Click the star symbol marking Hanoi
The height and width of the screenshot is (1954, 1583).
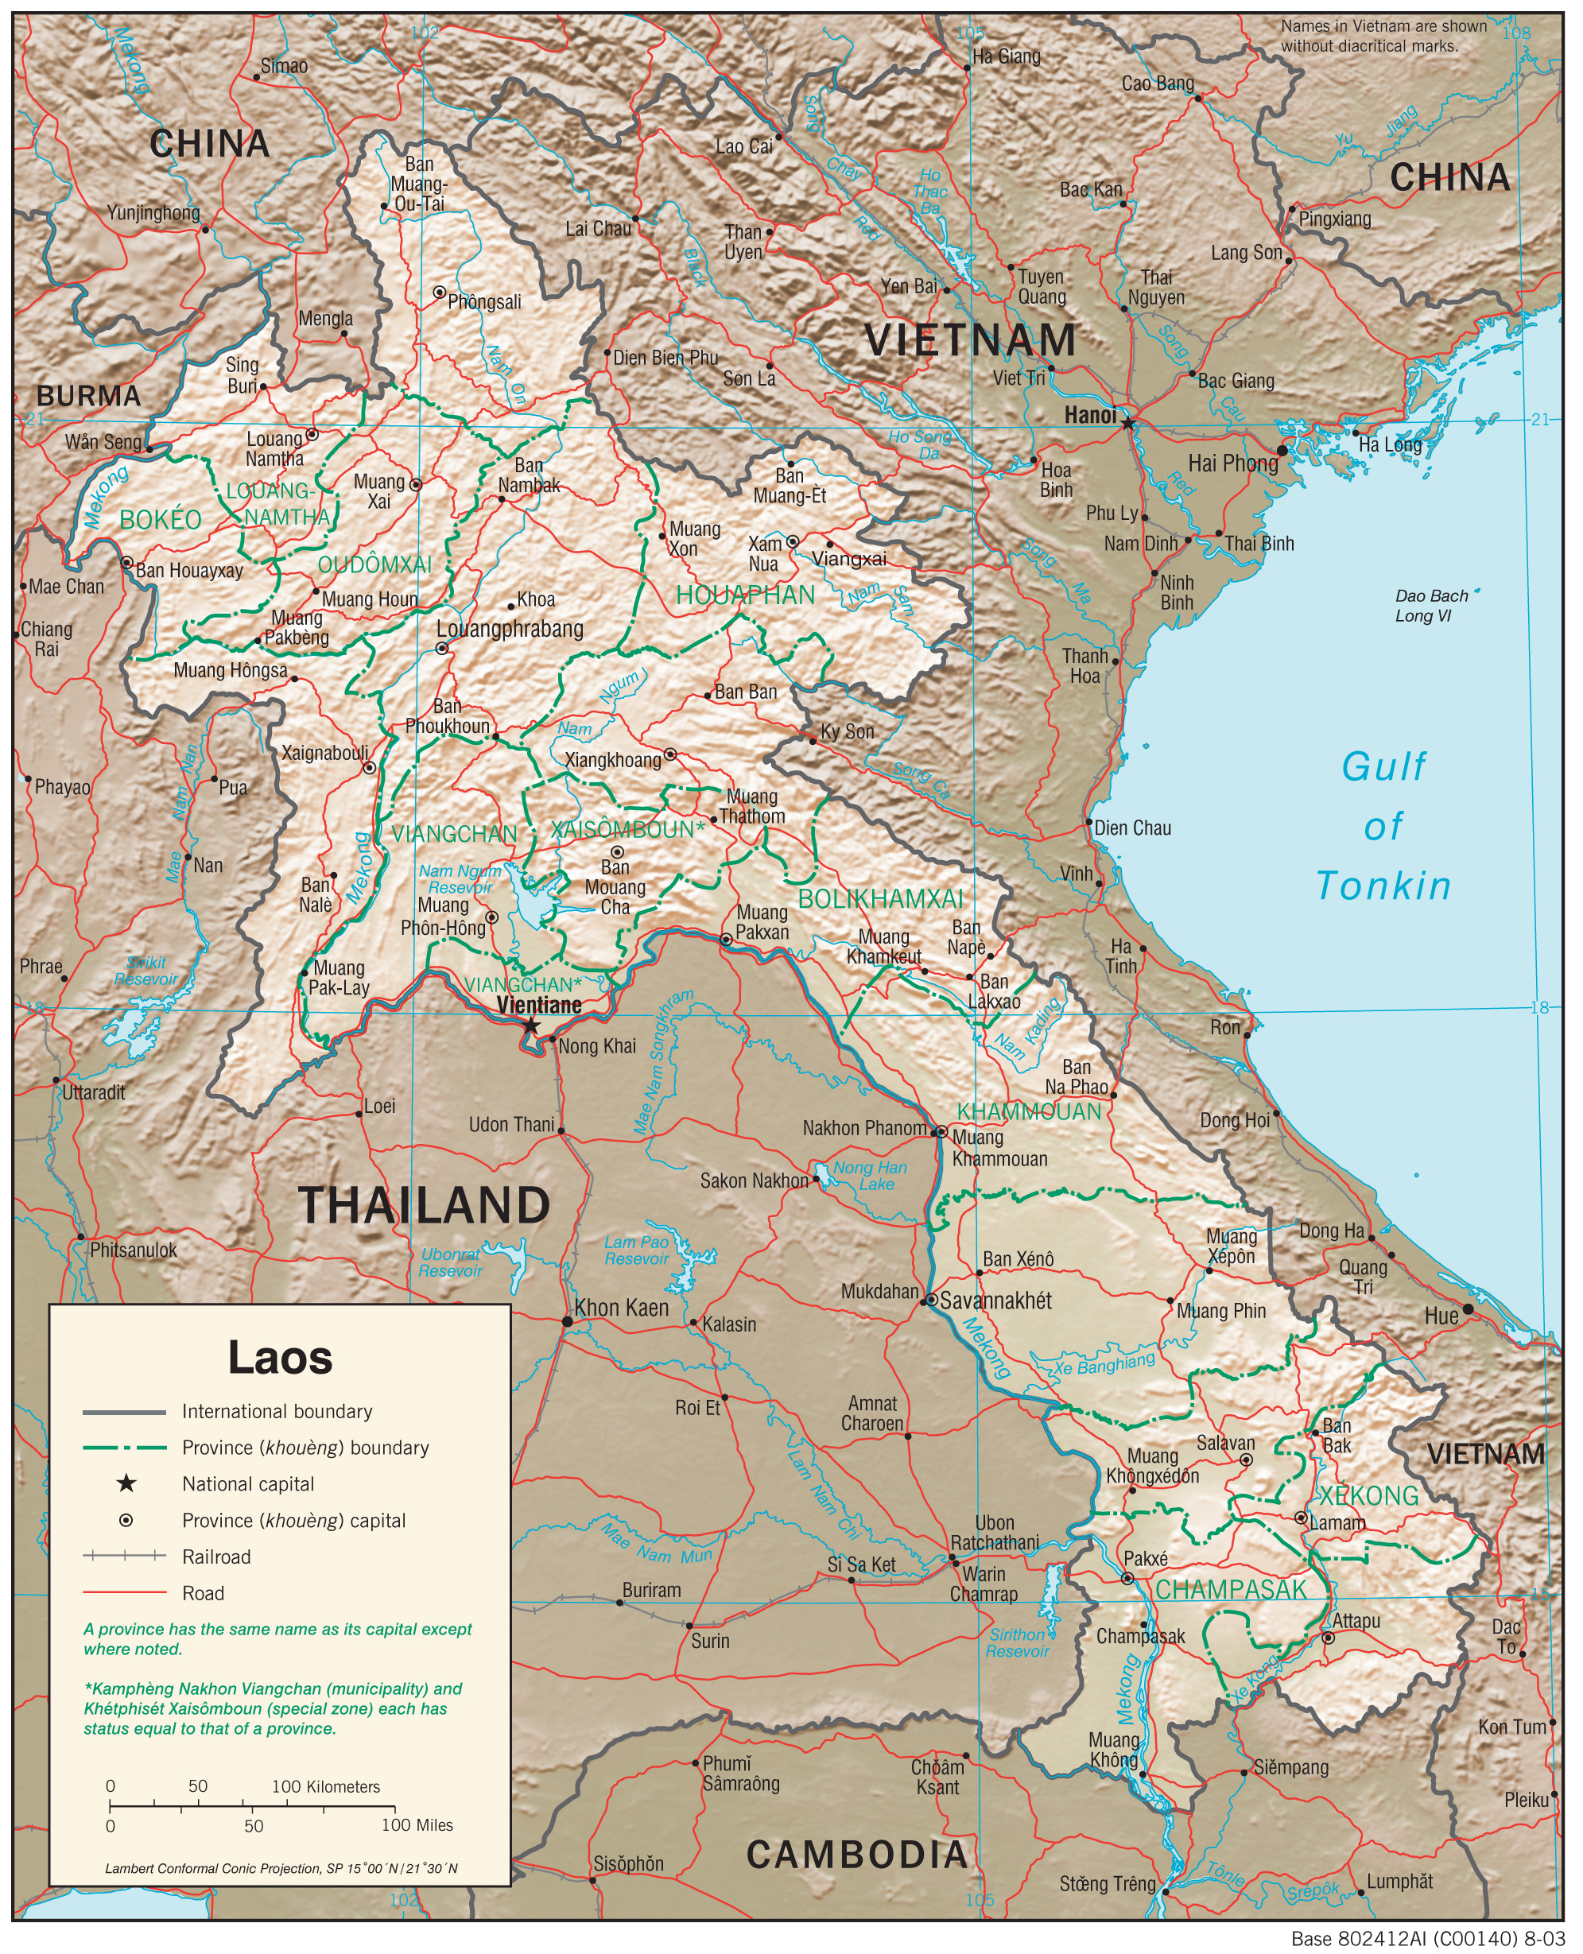[x=1128, y=423]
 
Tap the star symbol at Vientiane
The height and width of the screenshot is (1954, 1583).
[x=530, y=1025]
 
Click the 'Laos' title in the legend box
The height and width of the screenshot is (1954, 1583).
[x=280, y=1358]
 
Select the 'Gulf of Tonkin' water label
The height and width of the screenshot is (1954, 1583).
[x=1383, y=826]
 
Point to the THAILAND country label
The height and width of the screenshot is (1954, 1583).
[x=424, y=1205]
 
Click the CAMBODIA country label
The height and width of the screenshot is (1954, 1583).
[x=857, y=1854]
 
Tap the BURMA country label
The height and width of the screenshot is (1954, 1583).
[x=88, y=396]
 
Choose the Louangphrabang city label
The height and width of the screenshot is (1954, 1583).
[x=510, y=628]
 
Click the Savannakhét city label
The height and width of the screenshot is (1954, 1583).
[x=995, y=1301]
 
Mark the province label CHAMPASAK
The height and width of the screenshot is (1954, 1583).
[x=1231, y=1589]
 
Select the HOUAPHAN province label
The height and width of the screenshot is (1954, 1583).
[x=745, y=595]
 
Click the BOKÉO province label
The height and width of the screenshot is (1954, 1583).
[x=161, y=520]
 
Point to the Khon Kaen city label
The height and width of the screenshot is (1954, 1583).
[x=621, y=1308]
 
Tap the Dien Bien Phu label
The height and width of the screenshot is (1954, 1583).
[x=665, y=358]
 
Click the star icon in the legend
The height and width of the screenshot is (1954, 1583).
[x=126, y=1483]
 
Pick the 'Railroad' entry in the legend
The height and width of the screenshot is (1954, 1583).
[x=216, y=1557]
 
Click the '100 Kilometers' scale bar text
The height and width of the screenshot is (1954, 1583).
[x=325, y=1786]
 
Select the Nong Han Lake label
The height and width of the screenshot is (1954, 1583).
[x=870, y=1175]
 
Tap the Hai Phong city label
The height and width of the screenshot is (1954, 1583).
[x=1233, y=463]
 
